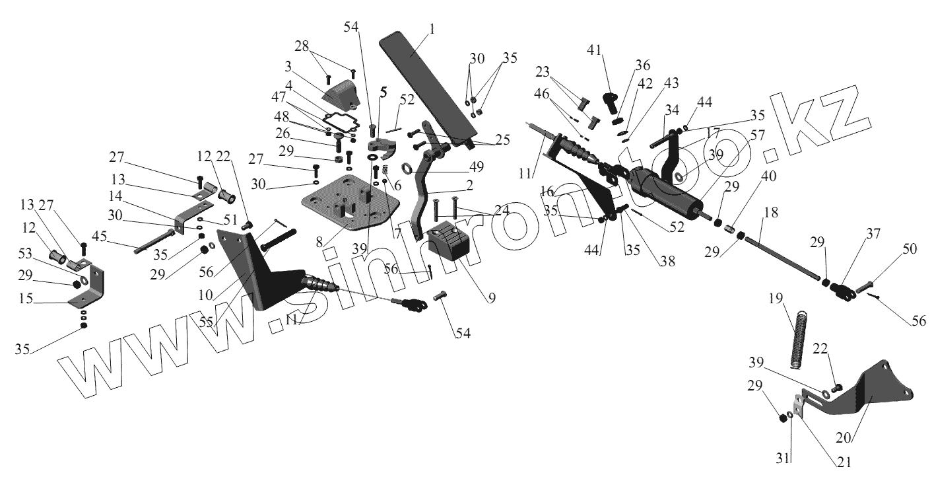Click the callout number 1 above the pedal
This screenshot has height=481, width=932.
point(432,30)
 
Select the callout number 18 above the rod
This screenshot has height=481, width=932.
point(770,213)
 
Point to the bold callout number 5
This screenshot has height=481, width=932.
point(382,92)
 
